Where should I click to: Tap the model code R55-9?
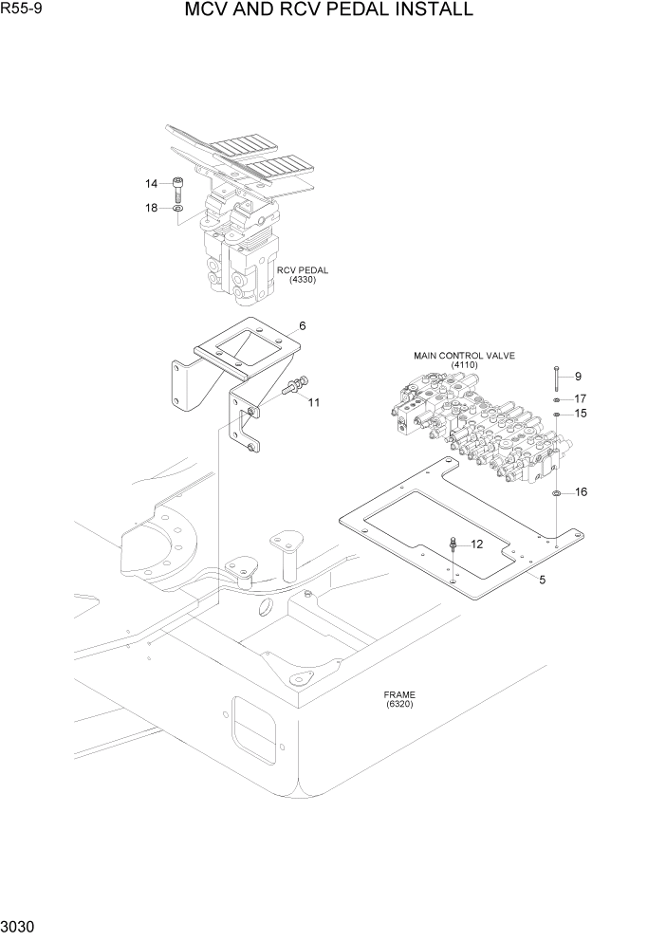point(26,11)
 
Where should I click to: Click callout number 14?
point(152,183)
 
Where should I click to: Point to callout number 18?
point(152,208)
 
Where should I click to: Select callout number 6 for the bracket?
point(302,325)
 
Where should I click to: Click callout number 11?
point(313,402)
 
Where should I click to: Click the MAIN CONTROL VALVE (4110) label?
point(464,360)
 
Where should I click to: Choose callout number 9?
point(577,376)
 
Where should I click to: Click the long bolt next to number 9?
point(556,378)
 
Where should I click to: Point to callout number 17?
point(580,398)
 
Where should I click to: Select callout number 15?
point(580,414)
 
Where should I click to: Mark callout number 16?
point(581,491)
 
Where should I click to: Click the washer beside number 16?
point(556,493)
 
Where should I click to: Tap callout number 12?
point(476,544)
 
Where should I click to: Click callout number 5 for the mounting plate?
point(542,580)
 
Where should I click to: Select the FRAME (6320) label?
point(400,699)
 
